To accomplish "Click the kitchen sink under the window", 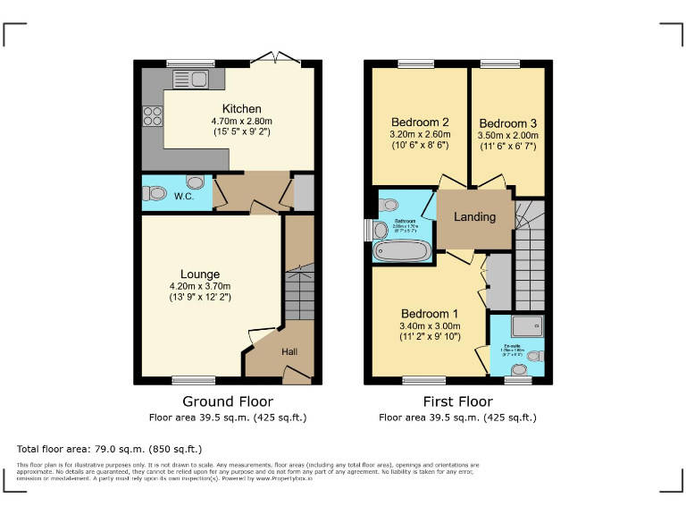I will [189, 79].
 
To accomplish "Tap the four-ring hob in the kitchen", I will [152, 116].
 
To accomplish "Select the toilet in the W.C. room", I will [157, 192].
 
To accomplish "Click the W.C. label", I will [185, 196].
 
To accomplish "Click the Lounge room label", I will [200, 274].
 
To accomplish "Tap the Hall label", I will [289, 352].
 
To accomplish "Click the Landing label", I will [474, 217].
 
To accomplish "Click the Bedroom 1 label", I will [429, 314].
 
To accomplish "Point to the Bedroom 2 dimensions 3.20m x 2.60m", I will [419, 134].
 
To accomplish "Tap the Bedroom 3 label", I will [507, 122].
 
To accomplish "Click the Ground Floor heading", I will [228, 401].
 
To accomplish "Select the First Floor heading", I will [457, 401].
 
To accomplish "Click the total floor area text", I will [110, 449].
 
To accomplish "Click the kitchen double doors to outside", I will [274, 59].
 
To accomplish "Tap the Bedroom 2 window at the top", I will [415, 63].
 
